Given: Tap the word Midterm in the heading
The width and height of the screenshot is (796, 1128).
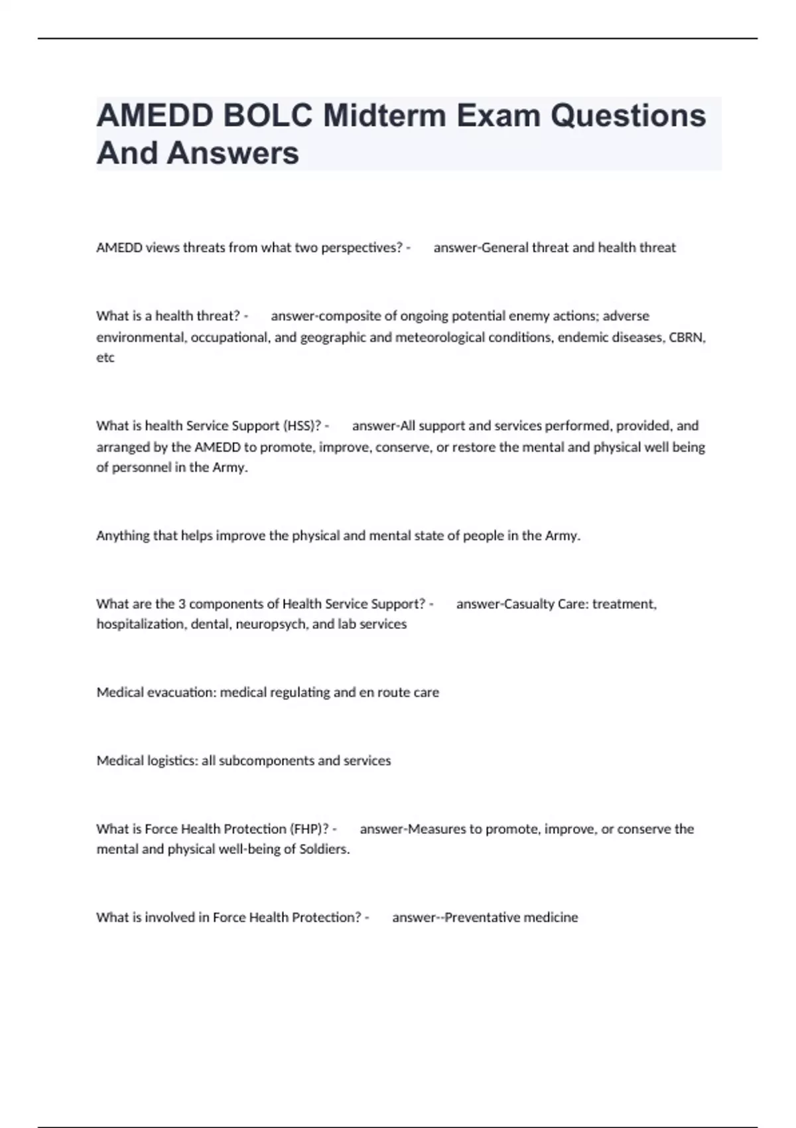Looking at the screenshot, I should [x=384, y=116].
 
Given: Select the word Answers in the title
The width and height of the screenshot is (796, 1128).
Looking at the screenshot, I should [x=233, y=153].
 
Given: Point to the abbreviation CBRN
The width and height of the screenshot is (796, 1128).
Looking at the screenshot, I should [x=687, y=337].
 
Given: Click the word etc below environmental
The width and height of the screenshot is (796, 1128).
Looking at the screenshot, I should [x=105, y=358].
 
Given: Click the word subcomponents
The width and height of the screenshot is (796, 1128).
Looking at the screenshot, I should [x=266, y=760].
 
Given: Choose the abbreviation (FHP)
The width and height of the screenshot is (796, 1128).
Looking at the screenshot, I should [x=309, y=829].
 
